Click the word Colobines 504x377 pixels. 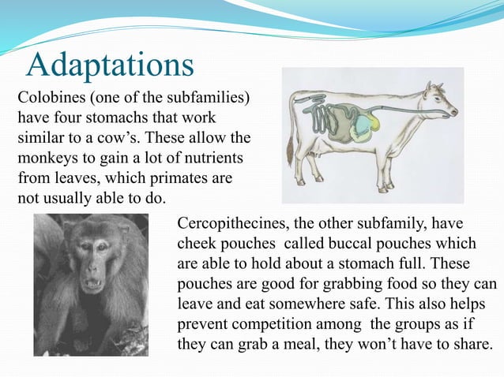[x=50, y=99]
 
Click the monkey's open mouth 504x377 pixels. [x=92, y=284]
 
